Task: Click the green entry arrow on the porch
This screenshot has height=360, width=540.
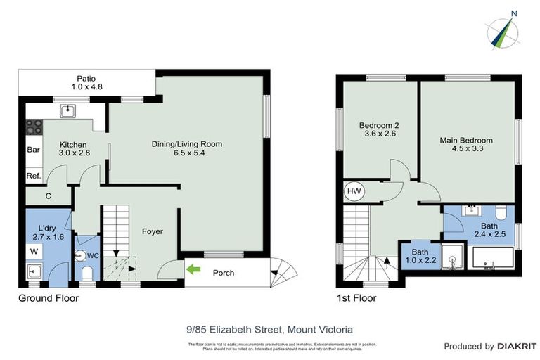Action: [x=193, y=269]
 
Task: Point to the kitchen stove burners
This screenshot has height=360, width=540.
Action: [x=34, y=127]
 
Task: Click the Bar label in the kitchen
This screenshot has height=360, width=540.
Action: [x=33, y=150]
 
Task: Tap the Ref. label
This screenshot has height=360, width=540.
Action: [x=34, y=176]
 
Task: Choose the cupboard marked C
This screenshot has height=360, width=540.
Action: [x=48, y=196]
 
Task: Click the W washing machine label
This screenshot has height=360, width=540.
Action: [x=34, y=250]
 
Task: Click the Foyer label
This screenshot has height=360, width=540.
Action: [x=153, y=231]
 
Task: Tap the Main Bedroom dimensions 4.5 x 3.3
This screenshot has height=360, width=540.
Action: [x=465, y=148]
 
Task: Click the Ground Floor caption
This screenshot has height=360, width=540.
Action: [x=49, y=298]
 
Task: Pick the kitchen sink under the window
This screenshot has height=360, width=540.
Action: [x=68, y=111]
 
